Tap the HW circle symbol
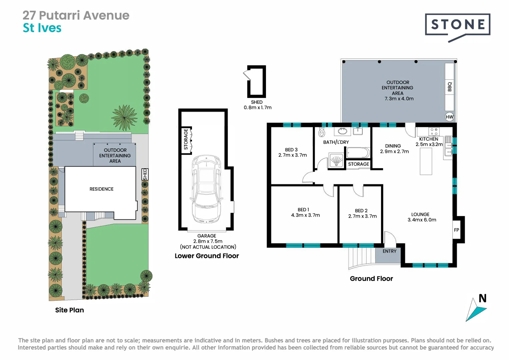(449, 117)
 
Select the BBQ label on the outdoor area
(450, 87)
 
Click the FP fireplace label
(456, 230)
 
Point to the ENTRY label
(389, 251)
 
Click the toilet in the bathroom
(322, 132)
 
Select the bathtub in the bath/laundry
(358, 153)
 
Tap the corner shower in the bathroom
(336, 160)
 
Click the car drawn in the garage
(207, 189)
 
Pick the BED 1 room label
(303, 210)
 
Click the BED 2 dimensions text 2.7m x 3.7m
(362, 216)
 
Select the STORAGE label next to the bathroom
(358, 164)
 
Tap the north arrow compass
(476, 308)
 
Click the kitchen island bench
(426, 161)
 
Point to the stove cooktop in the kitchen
(434, 131)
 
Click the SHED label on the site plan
(145, 174)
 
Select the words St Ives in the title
(42, 28)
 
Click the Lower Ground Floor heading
(207, 256)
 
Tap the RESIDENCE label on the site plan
(101, 189)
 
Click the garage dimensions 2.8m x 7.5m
(208, 241)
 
